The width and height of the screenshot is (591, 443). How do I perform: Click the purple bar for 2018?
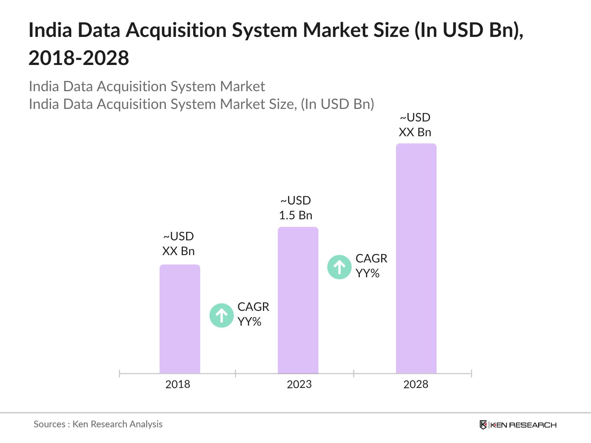point(180,319)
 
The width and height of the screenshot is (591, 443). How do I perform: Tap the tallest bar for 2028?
point(416,258)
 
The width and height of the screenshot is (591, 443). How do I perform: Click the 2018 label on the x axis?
point(178,384)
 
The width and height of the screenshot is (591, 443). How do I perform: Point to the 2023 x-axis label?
point(299,384)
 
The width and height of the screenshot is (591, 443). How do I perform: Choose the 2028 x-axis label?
point(416,384)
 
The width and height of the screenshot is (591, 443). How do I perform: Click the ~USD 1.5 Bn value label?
point(295,208)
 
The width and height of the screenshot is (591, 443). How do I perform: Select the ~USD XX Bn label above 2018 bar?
point(178,244)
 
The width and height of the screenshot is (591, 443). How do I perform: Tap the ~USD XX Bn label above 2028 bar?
point(415,125)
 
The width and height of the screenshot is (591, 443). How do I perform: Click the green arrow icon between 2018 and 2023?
point(221,316)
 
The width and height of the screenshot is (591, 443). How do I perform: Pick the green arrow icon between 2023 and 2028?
point(339,267)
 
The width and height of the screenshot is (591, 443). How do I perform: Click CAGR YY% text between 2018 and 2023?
point(253,314)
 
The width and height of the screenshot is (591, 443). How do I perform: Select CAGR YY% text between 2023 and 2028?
point(371,266)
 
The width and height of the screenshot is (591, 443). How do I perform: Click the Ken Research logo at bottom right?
point(518,425)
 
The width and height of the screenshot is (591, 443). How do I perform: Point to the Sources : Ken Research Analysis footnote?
point(98,424)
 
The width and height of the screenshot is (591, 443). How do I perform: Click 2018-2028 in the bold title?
point(79,58)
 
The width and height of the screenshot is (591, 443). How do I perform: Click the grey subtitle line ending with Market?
point(147,86)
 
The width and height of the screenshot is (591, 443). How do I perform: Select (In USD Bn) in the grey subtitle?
point(338,104)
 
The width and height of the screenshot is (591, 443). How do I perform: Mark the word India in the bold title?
point(50,30)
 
